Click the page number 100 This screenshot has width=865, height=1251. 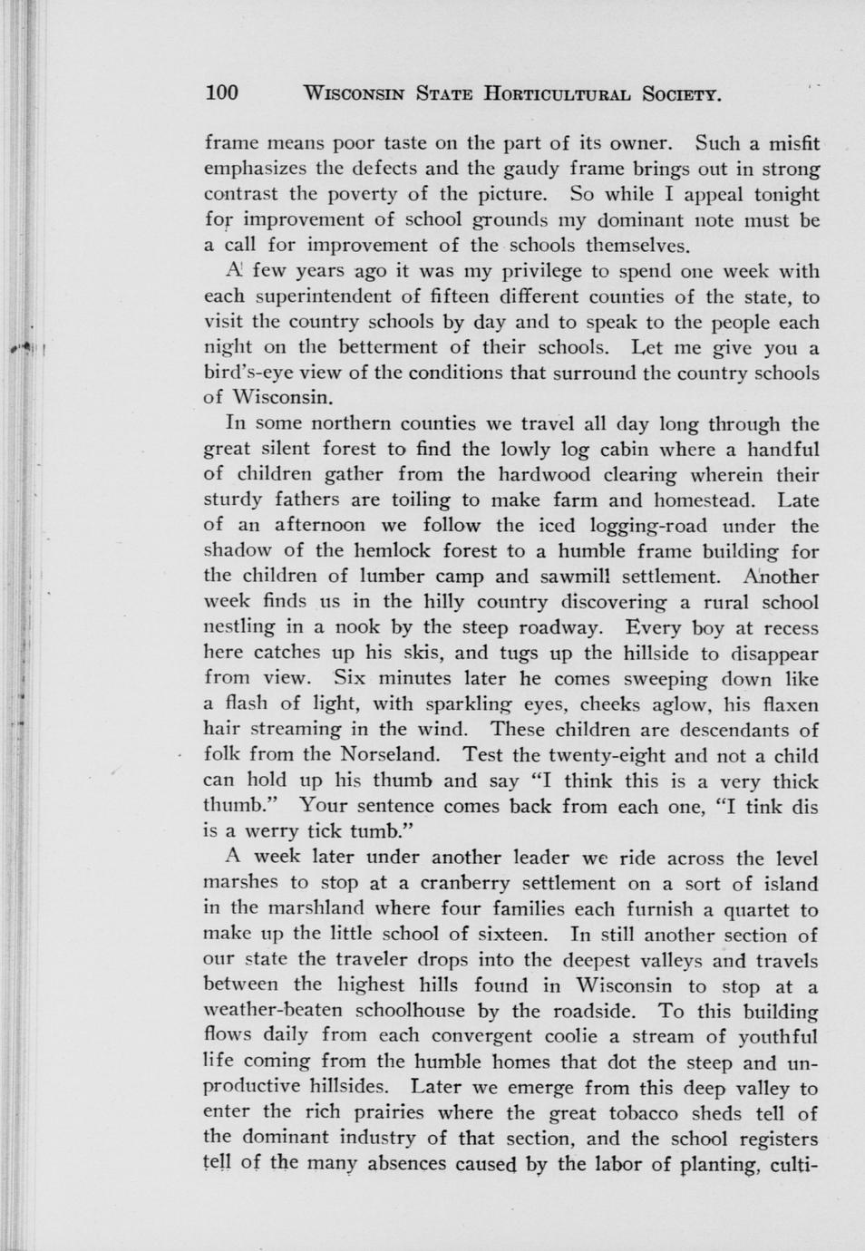tap(221, 92)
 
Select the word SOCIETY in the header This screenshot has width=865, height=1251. tap(681, 93)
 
